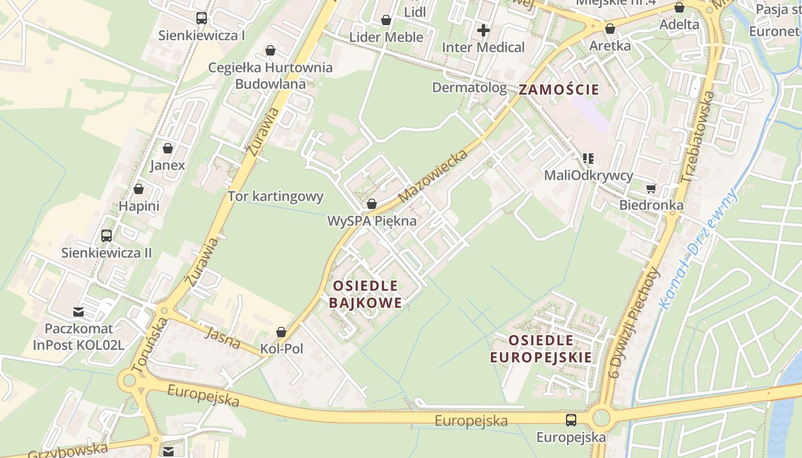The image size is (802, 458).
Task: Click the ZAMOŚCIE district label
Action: point(559,89)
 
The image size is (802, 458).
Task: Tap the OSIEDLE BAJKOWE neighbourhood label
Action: point(365,294)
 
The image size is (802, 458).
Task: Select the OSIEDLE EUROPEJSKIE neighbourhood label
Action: point(541,349)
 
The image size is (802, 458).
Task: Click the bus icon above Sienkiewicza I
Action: point(202,18)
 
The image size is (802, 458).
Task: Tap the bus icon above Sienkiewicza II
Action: point(107,235)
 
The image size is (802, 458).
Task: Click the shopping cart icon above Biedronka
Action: point(651,188)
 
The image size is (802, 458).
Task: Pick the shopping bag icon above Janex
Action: point(168,149)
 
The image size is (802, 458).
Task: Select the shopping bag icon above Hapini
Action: point(139,189)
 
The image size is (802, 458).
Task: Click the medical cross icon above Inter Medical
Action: point(483,30)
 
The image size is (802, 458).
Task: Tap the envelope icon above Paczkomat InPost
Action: point(78,312)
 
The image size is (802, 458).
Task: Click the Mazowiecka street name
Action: point(433,176)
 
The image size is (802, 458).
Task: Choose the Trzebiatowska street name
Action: point(697,137)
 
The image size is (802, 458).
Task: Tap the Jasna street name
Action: point(222,338)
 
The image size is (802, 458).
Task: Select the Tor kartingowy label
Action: point(276,196)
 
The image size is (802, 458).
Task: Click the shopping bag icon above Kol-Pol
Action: point(281,332)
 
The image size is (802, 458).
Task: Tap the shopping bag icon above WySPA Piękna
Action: point(372,204)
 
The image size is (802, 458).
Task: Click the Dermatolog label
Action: point(469,88)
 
